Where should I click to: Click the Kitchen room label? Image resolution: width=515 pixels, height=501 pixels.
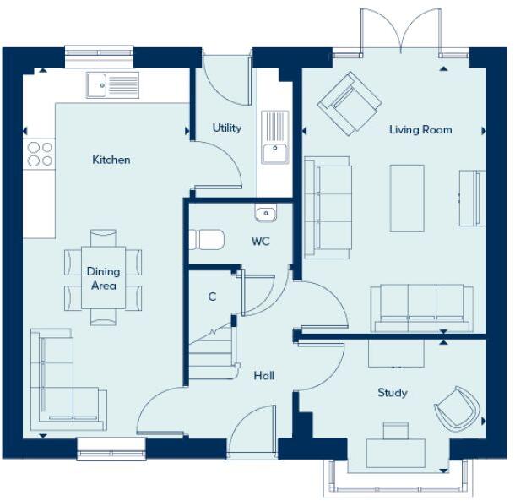pos(111,160)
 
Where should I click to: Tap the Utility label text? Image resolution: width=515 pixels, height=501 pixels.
pos(227,128)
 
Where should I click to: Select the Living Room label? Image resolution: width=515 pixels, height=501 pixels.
pos(420,130)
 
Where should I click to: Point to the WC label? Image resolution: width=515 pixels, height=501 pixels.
pos(261,241)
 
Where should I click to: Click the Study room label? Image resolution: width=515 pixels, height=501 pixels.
pos(393,393)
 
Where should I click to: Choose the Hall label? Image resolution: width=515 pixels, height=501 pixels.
pos(263,376)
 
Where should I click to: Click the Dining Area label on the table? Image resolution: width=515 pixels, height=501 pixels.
pos(103,279)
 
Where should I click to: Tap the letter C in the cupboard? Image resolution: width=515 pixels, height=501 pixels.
pos(212,297)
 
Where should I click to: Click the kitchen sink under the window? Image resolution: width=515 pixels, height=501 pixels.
pos(112,84)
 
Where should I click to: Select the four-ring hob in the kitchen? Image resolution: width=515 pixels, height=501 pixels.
pos(40,154)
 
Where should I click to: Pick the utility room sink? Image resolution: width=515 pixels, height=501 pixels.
pos(274,139)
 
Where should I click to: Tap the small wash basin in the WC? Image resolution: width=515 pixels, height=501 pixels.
pos(266,213)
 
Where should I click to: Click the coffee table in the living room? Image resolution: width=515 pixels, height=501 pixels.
pos(407,198)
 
